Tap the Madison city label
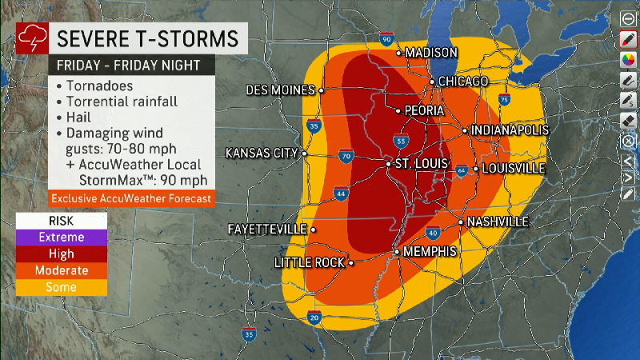[x=431, y=53]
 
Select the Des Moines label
[x=280, y=90]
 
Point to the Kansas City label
[x=262, y=153]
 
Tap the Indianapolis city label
[x=510, y=130]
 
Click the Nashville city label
[x=498, y=221]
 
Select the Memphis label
[x=430, y=251]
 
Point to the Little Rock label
[x=309, y=262]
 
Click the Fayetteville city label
[x=267, y=230]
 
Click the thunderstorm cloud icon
[x=30, y=38]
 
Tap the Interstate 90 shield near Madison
[x=387, y=39]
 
